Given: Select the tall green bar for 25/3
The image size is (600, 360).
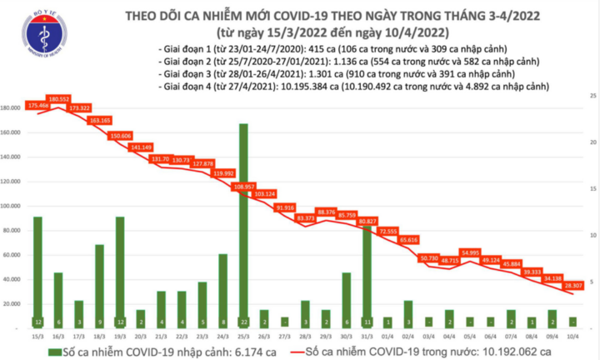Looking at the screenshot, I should coord(242,225).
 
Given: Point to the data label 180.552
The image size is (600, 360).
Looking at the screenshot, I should coord(58,99).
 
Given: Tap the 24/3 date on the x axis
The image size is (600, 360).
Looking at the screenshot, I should coord(222,334).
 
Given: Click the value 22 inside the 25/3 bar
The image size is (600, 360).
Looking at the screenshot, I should coord(242,322).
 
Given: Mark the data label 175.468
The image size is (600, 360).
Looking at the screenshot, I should coord(38,106).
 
